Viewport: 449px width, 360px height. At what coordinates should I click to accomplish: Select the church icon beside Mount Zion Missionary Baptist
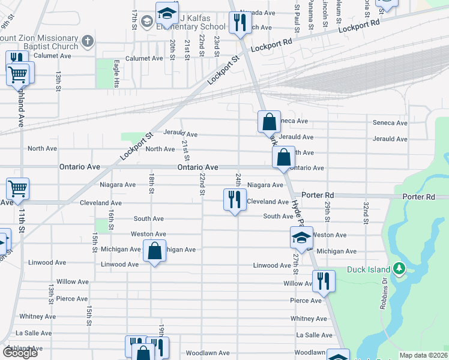(x=88, y=41)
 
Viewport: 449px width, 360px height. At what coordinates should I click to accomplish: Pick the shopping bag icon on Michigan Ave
(x=154, y=251)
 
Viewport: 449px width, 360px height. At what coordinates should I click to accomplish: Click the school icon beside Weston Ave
(x=301, y=238)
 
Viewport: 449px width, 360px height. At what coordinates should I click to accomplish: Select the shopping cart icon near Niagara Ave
(x=17, y=188)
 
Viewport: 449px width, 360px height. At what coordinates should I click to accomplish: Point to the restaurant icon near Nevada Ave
(x=239, y=23)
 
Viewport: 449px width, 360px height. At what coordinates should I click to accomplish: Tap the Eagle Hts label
(x=117, y=73)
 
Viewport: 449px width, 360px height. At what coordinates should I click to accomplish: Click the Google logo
(x=20, y=353)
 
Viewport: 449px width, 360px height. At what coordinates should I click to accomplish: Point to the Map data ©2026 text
(x=424, y=355)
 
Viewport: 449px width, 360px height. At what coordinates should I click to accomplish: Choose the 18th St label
(x=152, y=184)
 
